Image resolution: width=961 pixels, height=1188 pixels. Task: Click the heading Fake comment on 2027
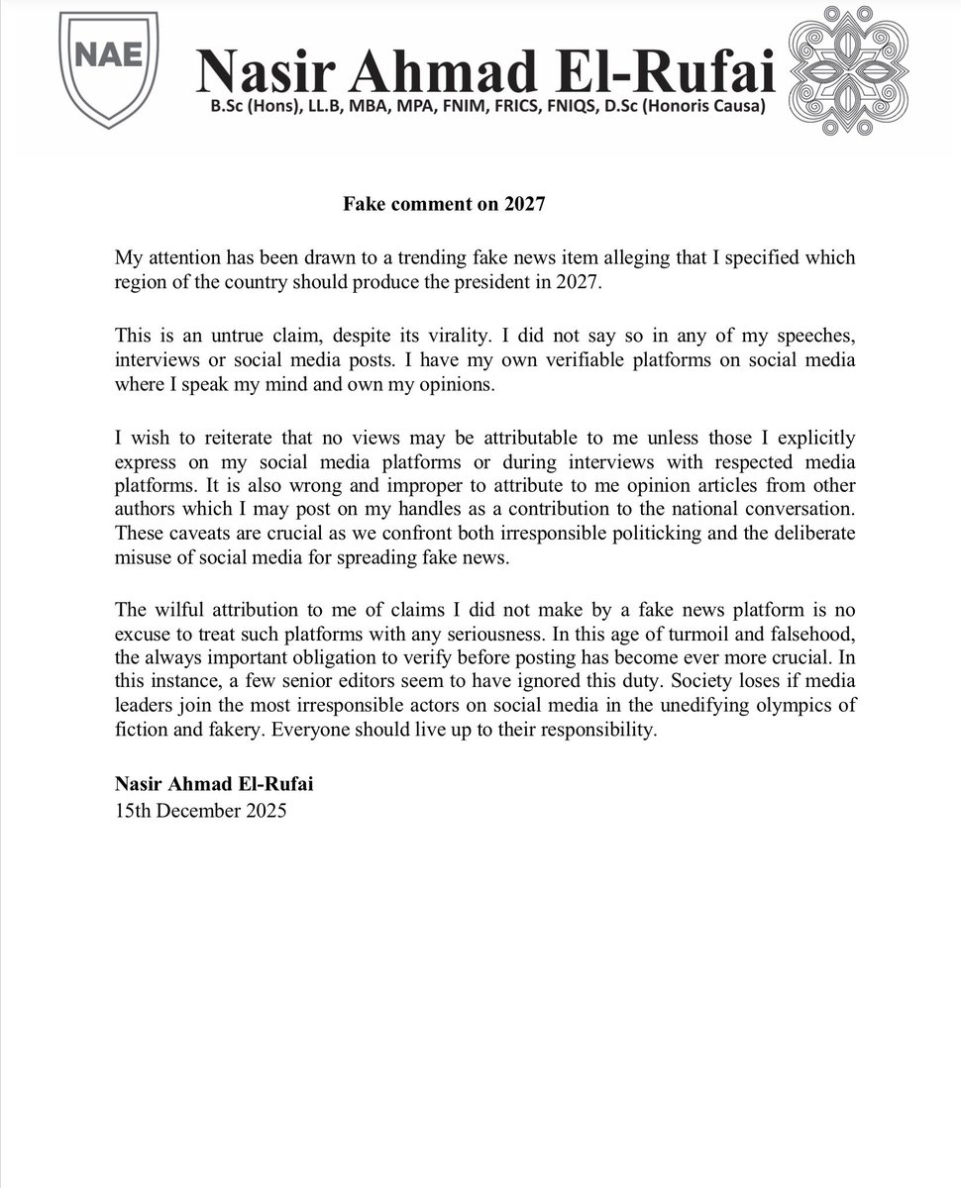click(x=445, y=205)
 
